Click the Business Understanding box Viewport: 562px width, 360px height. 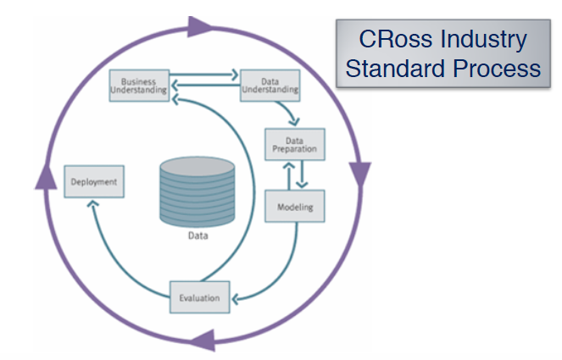click(138, 85)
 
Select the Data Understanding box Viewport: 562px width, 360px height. click(270, 85)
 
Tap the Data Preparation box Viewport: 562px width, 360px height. click(294, 145)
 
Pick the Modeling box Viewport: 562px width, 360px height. click(295, 207)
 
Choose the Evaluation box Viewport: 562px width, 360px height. click(199, 297)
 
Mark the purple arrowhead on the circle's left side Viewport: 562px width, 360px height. click(41, 174)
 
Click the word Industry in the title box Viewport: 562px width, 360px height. click(481, 39)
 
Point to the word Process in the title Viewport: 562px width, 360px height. click(494, 67)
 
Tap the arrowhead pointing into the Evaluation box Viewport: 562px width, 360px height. click(236, 297)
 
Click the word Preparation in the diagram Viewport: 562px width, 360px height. click(294, 149)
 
